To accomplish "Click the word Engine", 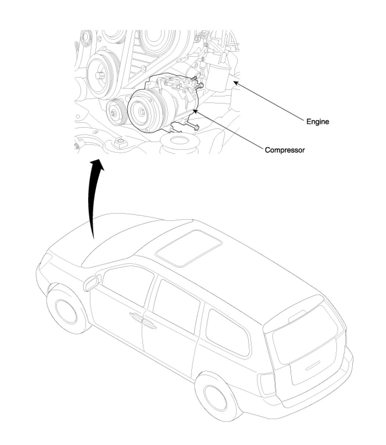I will pos(318,122).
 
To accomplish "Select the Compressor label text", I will pos(285,150).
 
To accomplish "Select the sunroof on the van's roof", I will pos(189,247).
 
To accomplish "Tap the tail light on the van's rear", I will pos(267,384).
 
